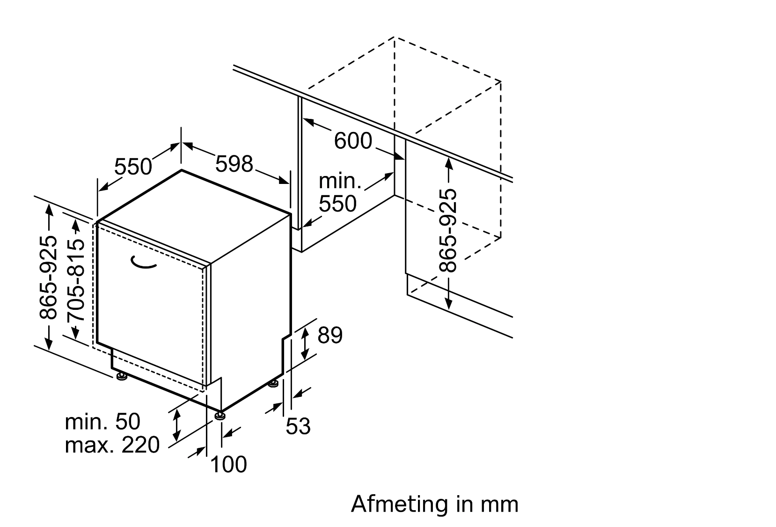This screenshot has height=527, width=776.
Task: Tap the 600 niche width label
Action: [x=353, y=141]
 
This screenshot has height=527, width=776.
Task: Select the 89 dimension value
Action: [x=330, y=335]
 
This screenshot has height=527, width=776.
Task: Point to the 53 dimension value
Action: [x=298, y=426]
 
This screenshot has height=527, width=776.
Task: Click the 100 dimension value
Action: [x=228, y=464]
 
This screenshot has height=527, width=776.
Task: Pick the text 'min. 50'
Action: [x=102, y=421]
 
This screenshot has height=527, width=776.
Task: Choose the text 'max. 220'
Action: [x=112, y=445]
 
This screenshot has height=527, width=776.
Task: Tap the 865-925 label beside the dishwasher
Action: [x=48, y=277]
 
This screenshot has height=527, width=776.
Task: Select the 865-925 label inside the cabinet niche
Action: [x=448, y=230]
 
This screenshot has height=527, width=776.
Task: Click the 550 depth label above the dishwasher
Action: [x=133, y=166]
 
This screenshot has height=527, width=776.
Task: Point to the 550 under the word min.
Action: [x=337, y=204]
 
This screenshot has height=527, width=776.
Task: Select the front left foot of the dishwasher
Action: [x=121, y=376]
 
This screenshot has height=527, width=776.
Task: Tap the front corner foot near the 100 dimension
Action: [x=220, y=416]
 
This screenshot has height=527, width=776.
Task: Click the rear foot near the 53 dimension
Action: [x=274, y=384]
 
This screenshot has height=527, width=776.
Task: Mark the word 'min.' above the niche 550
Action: [x=340, y=181]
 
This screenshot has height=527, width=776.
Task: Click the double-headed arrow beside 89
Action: [x=305, y=344]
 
